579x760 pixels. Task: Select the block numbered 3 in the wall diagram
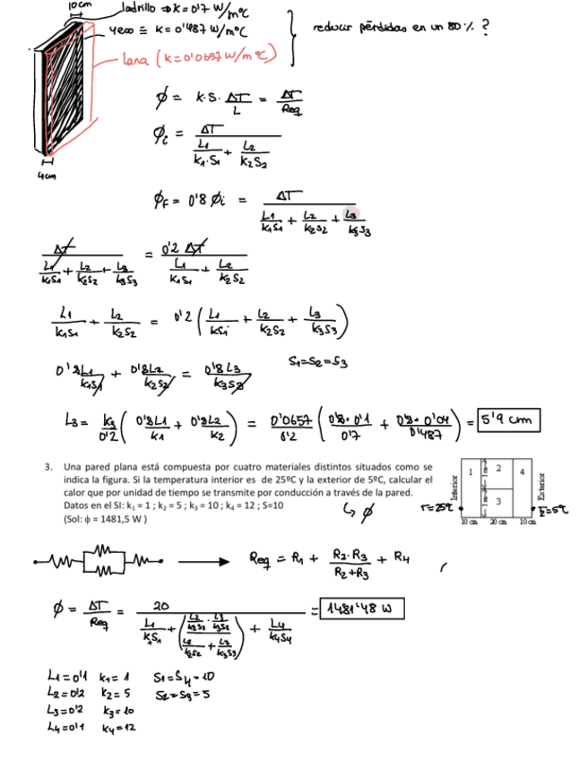498,499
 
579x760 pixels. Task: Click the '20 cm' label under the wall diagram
495,522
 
